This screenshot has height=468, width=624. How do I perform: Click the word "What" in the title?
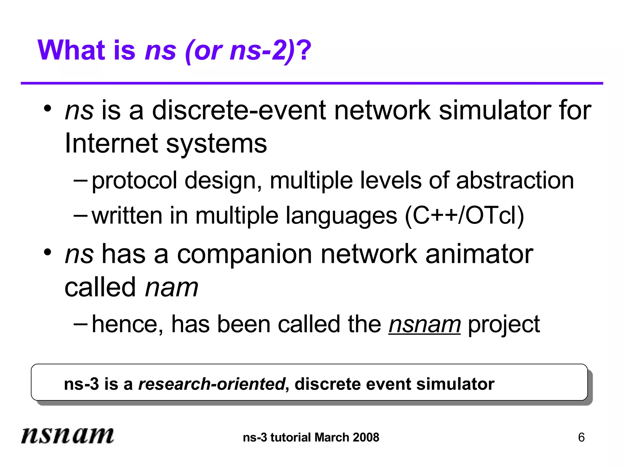click(71, 50)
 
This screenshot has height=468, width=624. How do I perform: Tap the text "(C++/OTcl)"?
click(464, 216)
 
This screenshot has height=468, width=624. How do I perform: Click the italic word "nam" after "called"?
click(172, 288)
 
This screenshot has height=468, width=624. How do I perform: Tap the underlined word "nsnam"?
click(424, 324)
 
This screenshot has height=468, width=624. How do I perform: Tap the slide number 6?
click(581, 438)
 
